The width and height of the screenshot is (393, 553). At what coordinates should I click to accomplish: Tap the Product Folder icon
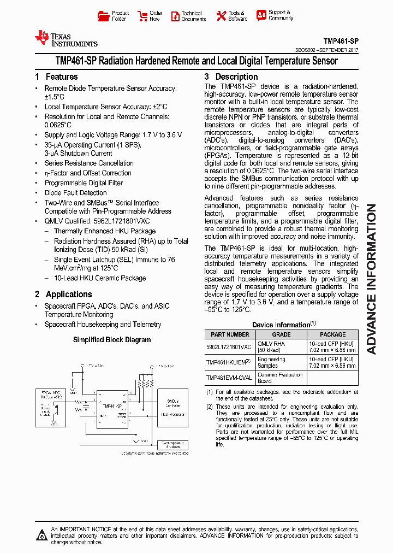pyautogui.click(x=102, y=16)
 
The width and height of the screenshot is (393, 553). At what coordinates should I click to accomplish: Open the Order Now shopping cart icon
pyautogui.click(x=142, y=16)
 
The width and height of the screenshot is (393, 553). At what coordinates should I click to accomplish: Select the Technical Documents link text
pyautogui.click(x=194, y=16)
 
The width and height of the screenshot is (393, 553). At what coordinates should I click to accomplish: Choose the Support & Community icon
pyautogui.click(x=261, y=15)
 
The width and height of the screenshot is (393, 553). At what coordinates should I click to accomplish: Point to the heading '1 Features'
pyautogui.click(x=56, y=77)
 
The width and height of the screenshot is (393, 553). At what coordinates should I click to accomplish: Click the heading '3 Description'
pyautogui.click(x=231, y=77)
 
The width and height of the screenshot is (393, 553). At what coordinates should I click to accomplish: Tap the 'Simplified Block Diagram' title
pyautogui.click(x=112, y=339)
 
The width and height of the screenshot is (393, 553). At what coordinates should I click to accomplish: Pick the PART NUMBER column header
pyautogui.click(x=230, y=334)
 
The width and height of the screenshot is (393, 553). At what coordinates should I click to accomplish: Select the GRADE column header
pyautogui.click(x=281, y=334)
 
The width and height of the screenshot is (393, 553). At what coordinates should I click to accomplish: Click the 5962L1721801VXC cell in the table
pyautogui.click(x=229, y=347)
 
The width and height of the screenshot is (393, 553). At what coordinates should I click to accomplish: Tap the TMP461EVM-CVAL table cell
pyautogui.click(x=229, y=378)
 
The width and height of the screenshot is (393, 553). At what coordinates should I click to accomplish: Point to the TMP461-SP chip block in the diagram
pyautogui.click(x=111, y=407)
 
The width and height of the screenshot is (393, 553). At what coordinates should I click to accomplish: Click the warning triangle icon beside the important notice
pyautogui.click(x=41, y=535)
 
